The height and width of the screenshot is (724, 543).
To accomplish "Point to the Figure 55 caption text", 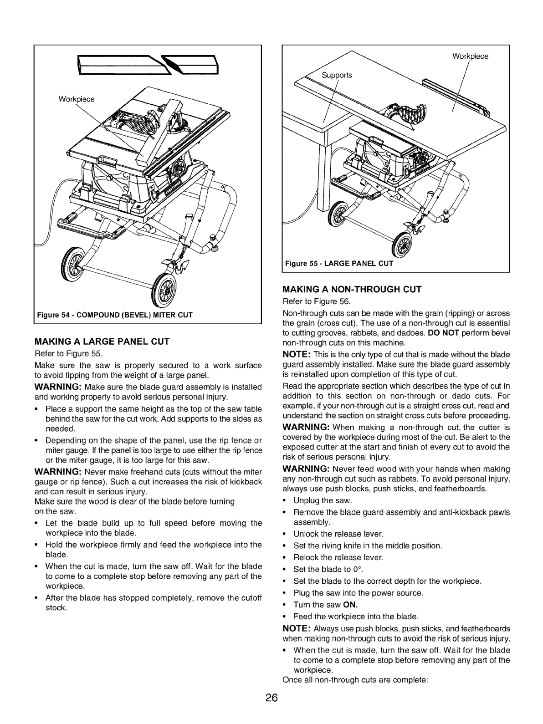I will (x=338, y=264).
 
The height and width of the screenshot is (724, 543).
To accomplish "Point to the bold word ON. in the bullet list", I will (x=350, y=605).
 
